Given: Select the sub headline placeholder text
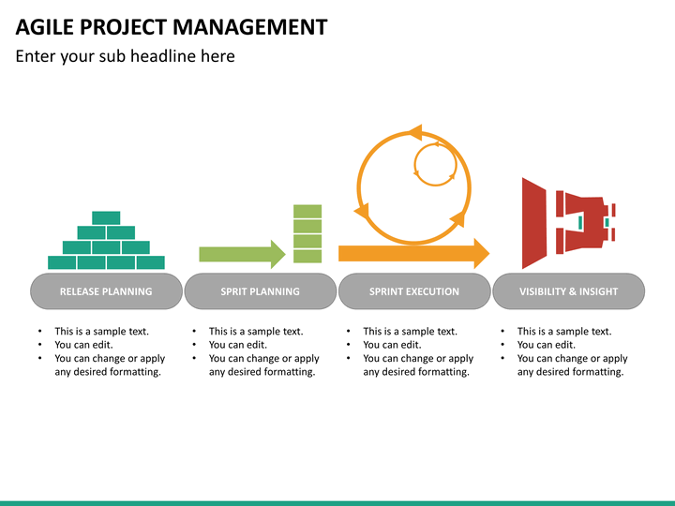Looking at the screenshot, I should tap(125, 56).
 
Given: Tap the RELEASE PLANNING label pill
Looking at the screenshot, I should tap(106, 291).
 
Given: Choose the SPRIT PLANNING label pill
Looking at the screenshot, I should tap(260, 291).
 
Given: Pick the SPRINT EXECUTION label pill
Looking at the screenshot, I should tap(414, 291).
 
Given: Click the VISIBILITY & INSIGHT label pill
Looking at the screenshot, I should tap(568, 291).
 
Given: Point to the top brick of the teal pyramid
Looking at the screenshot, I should tap(106, 217).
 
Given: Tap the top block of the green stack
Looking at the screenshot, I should tap(307, 212).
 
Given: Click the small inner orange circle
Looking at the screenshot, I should tap(435, 165).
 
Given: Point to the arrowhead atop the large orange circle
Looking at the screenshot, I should tap(413, 132).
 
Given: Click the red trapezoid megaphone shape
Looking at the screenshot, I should tap(533, 223).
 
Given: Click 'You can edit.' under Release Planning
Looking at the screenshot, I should tap(83, 345).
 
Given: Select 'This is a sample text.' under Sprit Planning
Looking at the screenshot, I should tap(255, 331).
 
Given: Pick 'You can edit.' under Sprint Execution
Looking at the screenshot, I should tap(392, 345).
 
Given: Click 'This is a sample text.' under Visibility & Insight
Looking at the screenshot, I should tap(563, 331).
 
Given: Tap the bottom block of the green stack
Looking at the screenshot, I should tap(307, 256).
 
